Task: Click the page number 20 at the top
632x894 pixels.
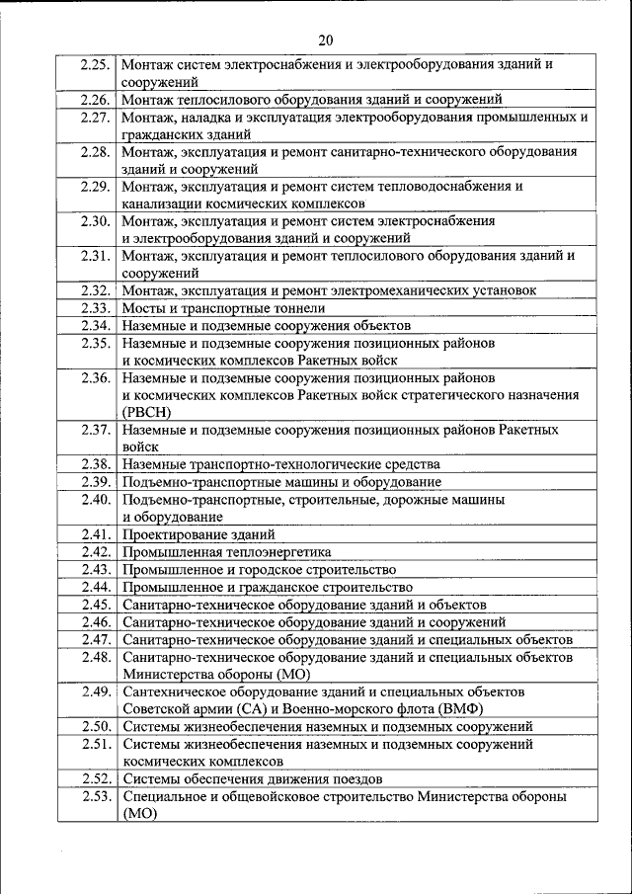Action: [x=326, y=39]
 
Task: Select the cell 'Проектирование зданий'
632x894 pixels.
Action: [x=198, y=534]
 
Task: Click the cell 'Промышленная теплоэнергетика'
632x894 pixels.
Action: [x=227, y=552]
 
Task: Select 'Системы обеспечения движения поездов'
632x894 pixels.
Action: [x=252, y=778]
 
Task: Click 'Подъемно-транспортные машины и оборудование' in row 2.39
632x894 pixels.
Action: [x=282, y=482]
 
